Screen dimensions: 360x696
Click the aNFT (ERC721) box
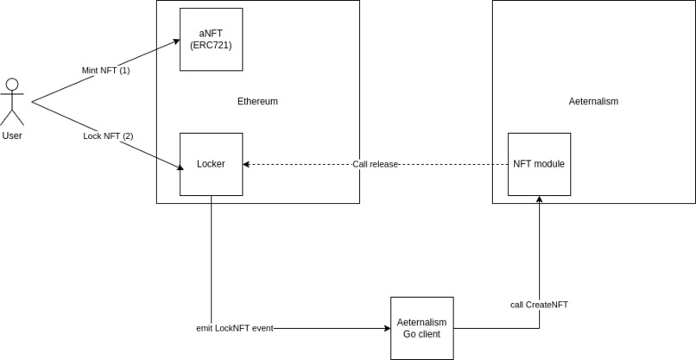211,39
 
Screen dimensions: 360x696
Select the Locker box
211,164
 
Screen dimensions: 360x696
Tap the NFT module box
539,164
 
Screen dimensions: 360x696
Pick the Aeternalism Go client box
421,328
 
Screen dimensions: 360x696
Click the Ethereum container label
257,102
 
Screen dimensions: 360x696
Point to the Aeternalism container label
593,102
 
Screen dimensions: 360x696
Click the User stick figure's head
12,85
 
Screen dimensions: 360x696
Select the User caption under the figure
12,136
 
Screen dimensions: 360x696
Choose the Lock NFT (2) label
108,136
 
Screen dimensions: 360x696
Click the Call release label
376,164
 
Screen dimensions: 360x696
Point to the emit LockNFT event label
236,328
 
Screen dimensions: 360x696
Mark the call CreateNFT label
539,305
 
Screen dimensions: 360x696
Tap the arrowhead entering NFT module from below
539,200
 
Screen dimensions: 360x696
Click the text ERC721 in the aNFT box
211,44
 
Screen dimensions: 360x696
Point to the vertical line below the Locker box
211,259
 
